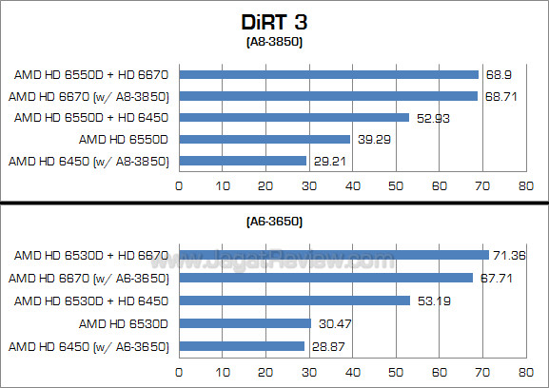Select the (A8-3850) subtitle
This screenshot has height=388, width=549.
pos(274,43)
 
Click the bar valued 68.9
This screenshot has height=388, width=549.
pos(328,73)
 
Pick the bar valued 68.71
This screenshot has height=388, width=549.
pos(328,95)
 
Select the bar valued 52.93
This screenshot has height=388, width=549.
pos(294,117)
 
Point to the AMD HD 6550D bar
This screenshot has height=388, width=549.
pos(265,139)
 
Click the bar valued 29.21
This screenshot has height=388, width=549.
pos(243,161)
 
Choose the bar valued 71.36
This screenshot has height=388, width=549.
pos(333,255)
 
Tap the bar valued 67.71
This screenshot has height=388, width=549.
pos(325,278)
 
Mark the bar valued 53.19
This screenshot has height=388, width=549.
pos(294,301)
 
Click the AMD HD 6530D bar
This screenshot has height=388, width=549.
pos(245,323)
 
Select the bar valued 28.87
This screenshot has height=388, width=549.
pos(242,346)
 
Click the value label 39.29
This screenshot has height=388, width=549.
pos(369,139)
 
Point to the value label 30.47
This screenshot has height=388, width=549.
pos(331,323)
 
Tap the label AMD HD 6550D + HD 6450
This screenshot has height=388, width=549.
pos(91,117)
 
